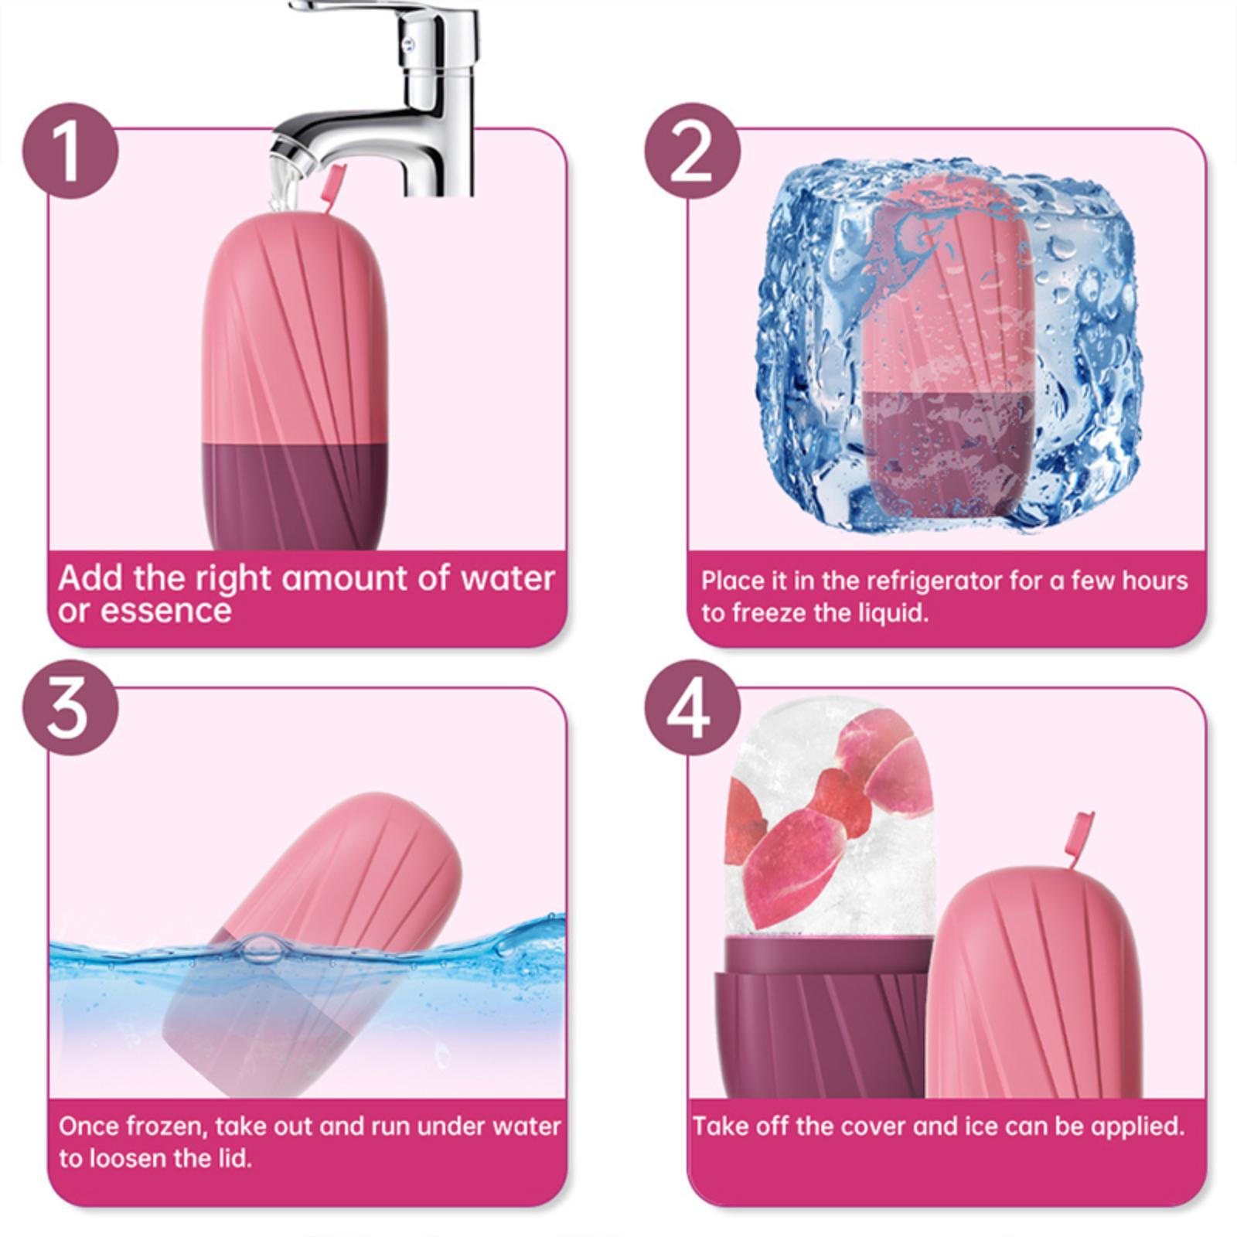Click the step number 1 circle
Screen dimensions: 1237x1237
[70, 151]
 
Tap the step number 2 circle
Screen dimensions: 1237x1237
[692, 151]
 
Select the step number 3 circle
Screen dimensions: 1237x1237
[70, 707]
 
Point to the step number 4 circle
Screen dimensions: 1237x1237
[692, 707]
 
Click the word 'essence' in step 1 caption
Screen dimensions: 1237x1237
[165, 612]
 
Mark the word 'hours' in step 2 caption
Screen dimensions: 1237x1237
[1152, 581]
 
